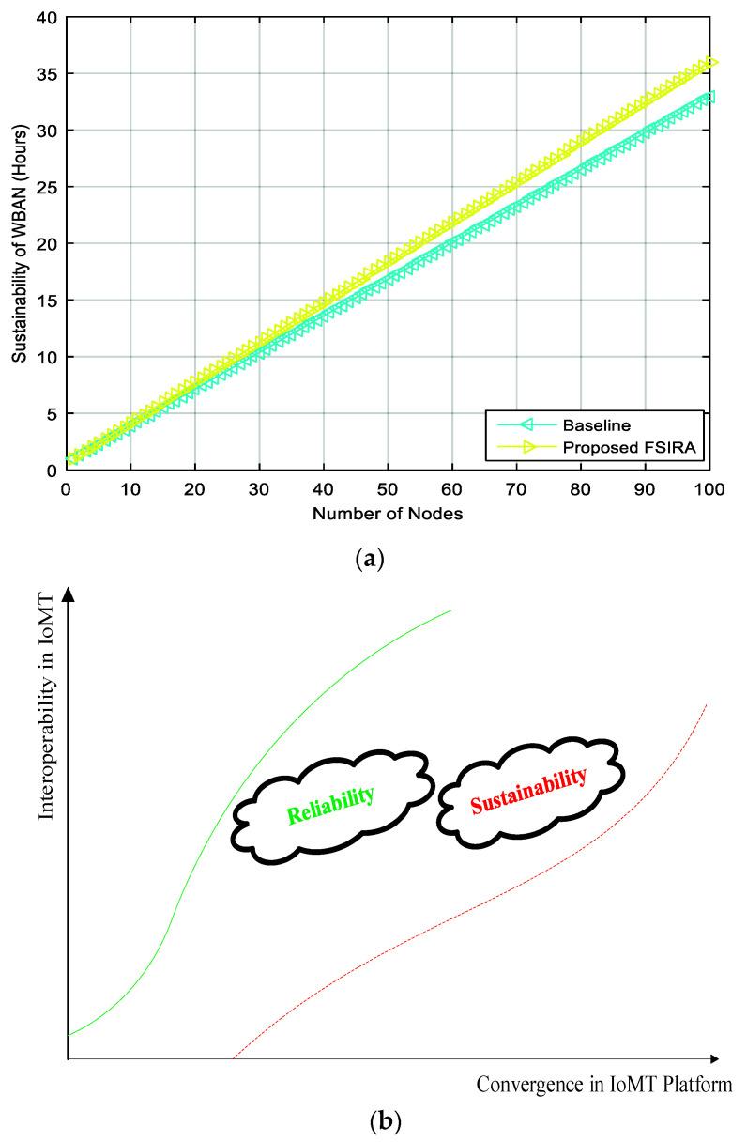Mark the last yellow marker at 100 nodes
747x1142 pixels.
tap(710, 63)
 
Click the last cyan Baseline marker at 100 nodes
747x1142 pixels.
tap(710, 97)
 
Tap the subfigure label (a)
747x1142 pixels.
tap(373, 560)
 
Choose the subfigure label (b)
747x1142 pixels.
tap(373, 1120)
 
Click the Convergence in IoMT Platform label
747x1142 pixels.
tap(603, 1086)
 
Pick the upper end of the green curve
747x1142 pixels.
tap(450, 610)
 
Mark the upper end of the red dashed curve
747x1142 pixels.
tap(706, 703)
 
